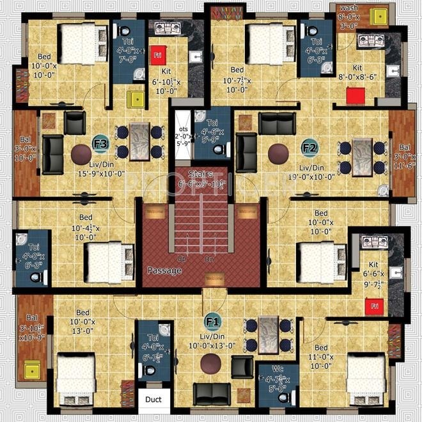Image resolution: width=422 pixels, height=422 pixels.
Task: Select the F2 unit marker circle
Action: (309, 148)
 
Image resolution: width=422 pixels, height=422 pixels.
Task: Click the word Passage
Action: (164, 270)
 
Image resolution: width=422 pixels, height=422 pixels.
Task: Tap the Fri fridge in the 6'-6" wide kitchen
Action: (373, 306)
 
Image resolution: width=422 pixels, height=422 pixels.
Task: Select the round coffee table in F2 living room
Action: (278, 153)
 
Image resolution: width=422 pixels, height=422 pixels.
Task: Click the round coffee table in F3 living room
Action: (81, 154)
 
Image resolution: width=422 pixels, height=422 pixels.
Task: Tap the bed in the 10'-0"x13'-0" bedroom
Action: (75, 377)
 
